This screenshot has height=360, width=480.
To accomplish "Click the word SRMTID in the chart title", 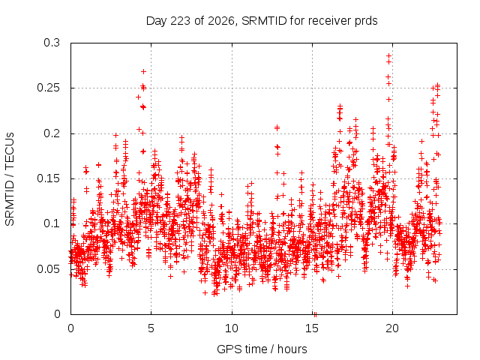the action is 264,21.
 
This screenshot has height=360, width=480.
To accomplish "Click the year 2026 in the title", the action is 222,21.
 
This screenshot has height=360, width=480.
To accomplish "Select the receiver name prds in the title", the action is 366,22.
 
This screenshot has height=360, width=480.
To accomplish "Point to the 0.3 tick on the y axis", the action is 52,43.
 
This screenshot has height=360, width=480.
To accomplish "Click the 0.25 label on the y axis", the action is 48,88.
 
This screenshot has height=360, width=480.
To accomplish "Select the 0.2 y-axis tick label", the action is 52,133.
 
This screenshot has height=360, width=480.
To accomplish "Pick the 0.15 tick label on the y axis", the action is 48,178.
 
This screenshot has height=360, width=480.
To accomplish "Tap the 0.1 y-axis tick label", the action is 52,223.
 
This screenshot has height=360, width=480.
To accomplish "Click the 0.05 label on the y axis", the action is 48,269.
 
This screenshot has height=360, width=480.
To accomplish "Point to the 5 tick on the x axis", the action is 151,328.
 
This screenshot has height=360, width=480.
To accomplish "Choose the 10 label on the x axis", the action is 232,328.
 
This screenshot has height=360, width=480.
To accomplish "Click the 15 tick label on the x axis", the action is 312,328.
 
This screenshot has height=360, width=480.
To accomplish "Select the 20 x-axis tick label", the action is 392,328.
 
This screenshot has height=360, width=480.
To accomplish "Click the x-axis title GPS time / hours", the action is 262,349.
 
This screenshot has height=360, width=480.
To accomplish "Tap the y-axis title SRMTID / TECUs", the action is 10,179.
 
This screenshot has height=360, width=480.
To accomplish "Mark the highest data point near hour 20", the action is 388,55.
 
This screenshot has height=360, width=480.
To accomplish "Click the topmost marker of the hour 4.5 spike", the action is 143,72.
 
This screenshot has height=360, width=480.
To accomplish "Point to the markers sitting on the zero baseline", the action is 315,314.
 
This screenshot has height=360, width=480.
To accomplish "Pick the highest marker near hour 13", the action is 277,127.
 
